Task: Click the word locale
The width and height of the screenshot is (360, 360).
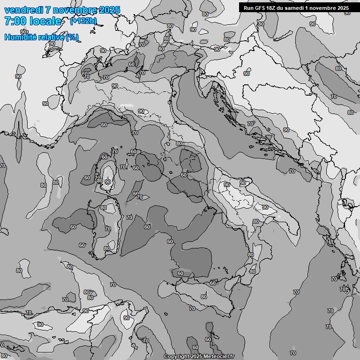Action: [x=45, y=21]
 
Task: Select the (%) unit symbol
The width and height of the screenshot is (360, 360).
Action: [x=72, y=37]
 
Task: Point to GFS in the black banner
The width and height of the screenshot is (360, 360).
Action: [x=261, y=7]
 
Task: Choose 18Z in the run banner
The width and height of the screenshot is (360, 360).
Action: [x=274, y=7]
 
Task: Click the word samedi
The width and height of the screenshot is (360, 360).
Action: [x=297, y=7]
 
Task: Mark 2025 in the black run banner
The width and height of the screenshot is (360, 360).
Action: [x=343, y=7]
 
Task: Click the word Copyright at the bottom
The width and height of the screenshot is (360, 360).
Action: [x=176, y=357]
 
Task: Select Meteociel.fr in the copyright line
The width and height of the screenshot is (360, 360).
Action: [x=217, y=357]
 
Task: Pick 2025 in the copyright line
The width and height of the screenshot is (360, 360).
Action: [x=196, y=357]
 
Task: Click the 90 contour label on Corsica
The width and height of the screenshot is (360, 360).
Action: [x=108, y=182]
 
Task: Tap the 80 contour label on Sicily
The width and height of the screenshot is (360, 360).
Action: [x=203, y=296]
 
